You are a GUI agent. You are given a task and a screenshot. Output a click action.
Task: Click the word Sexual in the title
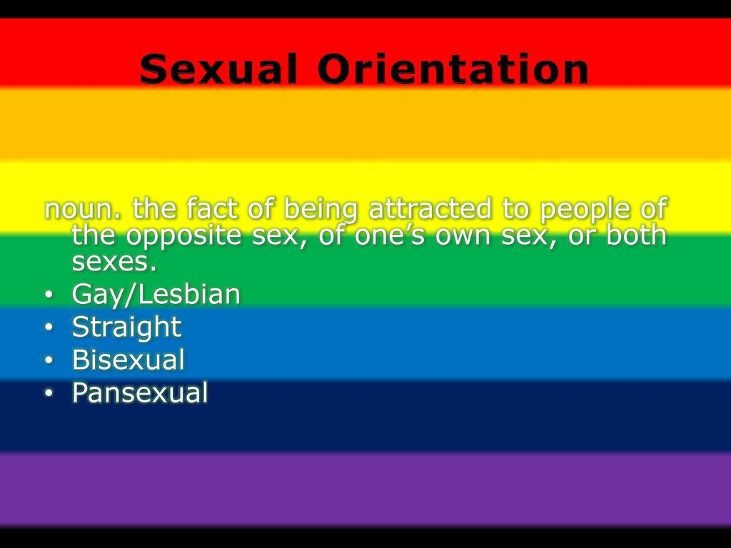(218, 69)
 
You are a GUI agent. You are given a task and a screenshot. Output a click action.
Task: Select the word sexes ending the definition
(114, 262)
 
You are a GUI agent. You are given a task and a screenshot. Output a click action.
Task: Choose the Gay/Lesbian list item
(156, 295)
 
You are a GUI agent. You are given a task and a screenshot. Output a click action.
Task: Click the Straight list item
(126, 328)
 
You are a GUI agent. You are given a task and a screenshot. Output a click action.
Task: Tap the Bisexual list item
(128, 360)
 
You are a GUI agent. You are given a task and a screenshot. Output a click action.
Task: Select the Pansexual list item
(140, 392)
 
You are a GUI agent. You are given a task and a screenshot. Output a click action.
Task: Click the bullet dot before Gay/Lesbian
(49, 295)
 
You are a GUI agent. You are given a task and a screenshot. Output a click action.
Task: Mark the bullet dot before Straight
(49, 327)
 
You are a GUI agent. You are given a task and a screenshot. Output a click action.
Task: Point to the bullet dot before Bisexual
(49, 360)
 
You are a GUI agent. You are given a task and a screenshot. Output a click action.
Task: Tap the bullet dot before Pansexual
(49, 392)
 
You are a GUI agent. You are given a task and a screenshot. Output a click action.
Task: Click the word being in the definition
(321, 210)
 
